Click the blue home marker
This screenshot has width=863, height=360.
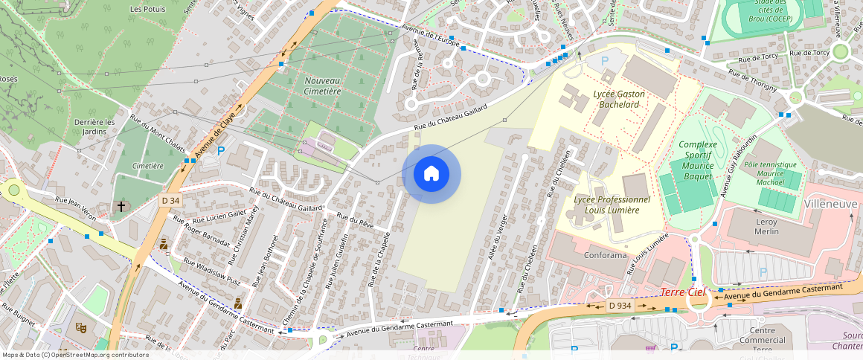click(x=431, y=174)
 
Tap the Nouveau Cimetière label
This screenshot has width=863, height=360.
click(x=322, y=86)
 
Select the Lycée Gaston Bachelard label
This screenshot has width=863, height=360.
click(x=620, y=99)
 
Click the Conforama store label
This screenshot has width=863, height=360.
click(x=586, y=256)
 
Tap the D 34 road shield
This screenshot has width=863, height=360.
click(x=170, y=200)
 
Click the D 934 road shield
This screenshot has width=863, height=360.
click(x=619, y=305)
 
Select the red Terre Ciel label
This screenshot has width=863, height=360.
click(x=682, y=292)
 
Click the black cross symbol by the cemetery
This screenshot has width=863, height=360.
click(x=121, y=205)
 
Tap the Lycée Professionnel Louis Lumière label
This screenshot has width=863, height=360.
click(x=612, y=205)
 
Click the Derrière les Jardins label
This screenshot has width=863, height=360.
click(x=95, y=126)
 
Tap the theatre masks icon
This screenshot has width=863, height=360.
click(x=81, y=327)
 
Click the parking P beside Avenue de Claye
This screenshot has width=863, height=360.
click(x=220, y=151)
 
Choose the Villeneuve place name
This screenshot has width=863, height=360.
click(x=832, y=204)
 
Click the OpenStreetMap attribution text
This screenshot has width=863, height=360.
click(x=76, y=355)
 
